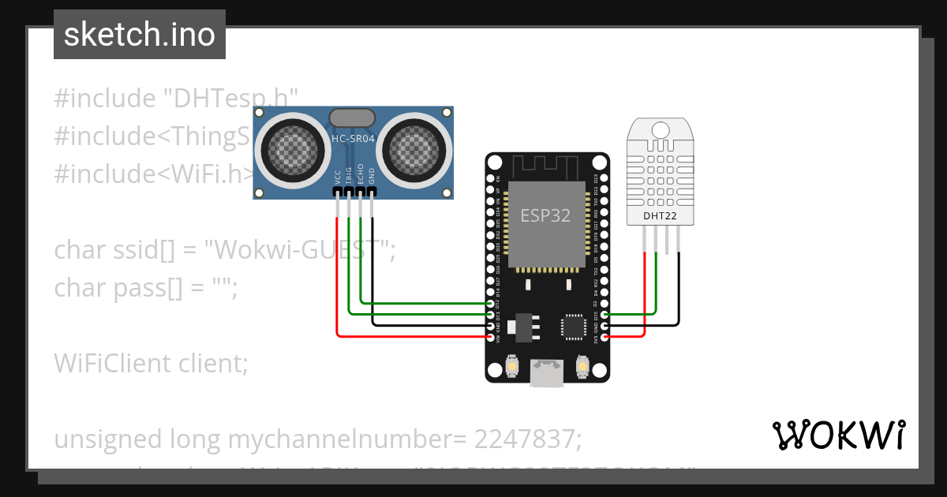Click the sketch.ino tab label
click(x=140, y=35)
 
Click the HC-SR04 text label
click(x=353, y=139)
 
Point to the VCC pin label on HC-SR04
click(x=338, y=176)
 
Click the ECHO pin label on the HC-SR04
click(x=361, y=174)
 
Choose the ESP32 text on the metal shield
click(x=545, y=215)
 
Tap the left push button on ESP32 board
click(x=511, y=367)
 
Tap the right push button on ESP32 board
click(x=582, y=367)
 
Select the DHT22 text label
click(x=660, y=215)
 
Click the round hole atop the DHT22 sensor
click(x=660, y=129)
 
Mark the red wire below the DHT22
click(x=646, y=300)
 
